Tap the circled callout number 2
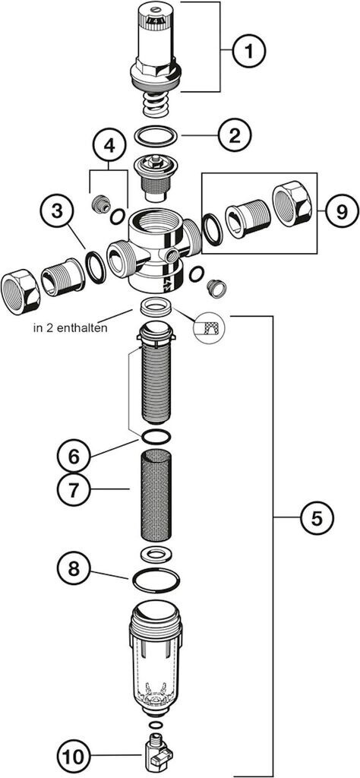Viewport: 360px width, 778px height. pyautogui.click(x=234, y=135)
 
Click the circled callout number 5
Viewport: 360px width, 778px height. pyautogui.click(x=317, y=518)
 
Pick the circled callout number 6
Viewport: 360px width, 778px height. pyautogui.click(x=74, y=456)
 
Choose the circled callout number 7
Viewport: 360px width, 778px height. pyautogui.click(x=74, y=490)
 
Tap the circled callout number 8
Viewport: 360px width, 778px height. pyautogui.click(x=74, y=568)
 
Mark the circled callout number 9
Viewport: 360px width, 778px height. pyautogui.click(x=342, y=212)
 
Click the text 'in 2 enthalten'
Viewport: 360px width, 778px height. pyautogui.click(x=71, y=328)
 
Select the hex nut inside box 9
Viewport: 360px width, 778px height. pyautogui.click(x=292, y=205)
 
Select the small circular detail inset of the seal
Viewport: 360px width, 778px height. pyautogui.click(x=208, y=327)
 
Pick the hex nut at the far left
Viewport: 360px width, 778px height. pyautogui.click(x=21, y=293)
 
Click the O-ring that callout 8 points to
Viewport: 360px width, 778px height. pyautogui.click(x=156, y=580)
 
